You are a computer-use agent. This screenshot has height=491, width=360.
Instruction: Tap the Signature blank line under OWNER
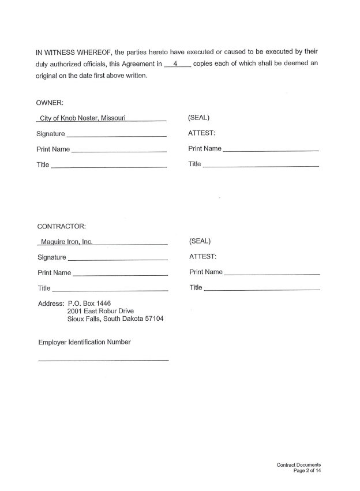(x=116, y=136)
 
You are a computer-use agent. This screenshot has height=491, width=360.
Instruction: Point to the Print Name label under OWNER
(x=54, y=149)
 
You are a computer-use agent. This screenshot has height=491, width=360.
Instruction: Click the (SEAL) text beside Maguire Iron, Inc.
(x=200, y=241)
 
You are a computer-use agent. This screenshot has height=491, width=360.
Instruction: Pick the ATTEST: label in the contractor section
(x=203, y=256)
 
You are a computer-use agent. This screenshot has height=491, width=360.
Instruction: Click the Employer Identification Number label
(x=84, y=342)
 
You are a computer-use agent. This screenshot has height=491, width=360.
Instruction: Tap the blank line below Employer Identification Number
(x=103, y=361)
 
